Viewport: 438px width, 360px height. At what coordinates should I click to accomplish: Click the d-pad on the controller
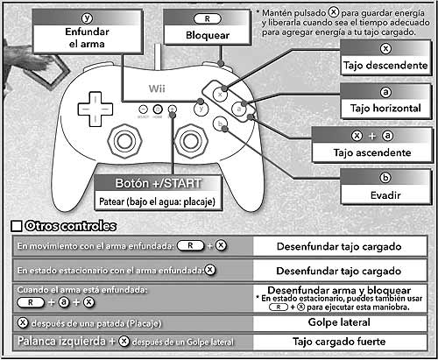pos(95,109)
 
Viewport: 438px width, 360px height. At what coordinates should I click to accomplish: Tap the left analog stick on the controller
pos(124,141)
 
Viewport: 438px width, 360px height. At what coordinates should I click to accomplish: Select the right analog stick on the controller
pos(191,141)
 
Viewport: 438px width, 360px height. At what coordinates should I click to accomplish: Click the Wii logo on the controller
pos(157,88)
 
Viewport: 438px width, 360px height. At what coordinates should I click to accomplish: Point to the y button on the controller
pos(201,109)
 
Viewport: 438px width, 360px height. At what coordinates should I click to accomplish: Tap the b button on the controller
pos(220,124)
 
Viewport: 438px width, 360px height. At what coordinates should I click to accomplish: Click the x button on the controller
pos(220,95)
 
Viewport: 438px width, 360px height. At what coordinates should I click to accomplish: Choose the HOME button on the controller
pos(158,109)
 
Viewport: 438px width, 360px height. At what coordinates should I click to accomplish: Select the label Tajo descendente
pos(385,65)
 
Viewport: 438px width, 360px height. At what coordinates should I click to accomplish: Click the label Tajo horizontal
pos(385,109)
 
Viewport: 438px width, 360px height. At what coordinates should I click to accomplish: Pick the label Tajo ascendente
pos(372,152)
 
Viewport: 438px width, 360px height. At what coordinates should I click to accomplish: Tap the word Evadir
pos(385,195)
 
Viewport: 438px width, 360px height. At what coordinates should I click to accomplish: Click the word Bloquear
pos(208,35)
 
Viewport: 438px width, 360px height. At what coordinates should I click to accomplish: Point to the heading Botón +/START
pos(159,183)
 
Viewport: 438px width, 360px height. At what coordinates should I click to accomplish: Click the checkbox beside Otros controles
pos(17,226)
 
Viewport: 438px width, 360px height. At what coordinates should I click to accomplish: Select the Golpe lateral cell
pos(339,322)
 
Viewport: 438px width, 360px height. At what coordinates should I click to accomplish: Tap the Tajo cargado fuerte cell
pos(339,342)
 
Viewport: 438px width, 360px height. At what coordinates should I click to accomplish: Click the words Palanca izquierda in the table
pos(61,341)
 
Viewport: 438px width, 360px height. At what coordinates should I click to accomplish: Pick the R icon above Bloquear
pos(208,19)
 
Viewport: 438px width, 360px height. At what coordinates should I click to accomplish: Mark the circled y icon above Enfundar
pos(87,18)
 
